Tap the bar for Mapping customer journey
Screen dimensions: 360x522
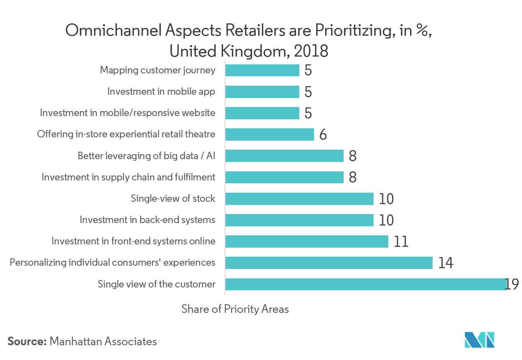point(262,71)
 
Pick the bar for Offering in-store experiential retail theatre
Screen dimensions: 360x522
point(269,134)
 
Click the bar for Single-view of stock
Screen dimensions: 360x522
point(299,199)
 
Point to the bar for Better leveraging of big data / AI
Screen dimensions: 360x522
point(284,156)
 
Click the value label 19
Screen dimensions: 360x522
point(512,284)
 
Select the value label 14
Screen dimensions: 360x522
point(446,263)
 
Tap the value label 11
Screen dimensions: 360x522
point(401,242)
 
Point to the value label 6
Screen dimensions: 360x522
point(323,134)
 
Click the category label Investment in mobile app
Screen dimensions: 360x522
point(161,91)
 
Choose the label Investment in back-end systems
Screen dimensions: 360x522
point(147,220)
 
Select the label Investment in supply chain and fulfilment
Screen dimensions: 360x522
point(128,177)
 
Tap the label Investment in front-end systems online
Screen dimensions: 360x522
point(133,241)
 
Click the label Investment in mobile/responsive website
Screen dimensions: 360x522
point(128,113)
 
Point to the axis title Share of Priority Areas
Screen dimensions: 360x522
point(235,309)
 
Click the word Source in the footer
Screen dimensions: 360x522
point(26,341)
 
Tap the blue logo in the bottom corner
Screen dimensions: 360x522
point(479,340)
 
